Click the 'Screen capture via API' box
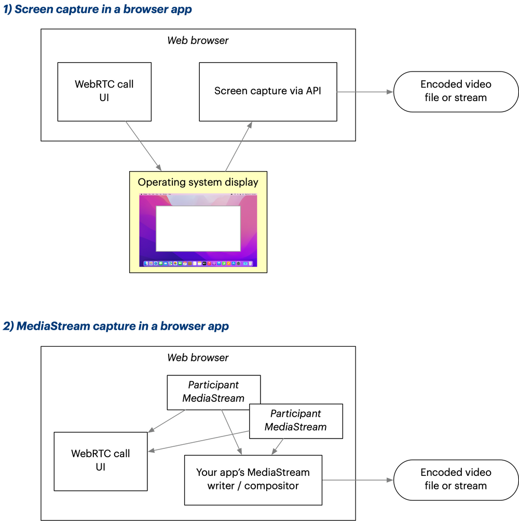click(268, 92)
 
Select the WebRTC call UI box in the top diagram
click(104, 92)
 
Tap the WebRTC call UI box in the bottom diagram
click(101, 460)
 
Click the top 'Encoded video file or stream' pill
click(456, 91)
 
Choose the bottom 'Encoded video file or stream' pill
click(456, 479)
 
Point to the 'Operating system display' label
click(198, 182)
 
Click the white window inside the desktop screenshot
click(198, 228)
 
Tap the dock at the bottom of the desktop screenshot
click(198, 264)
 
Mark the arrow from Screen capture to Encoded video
click(365, 92)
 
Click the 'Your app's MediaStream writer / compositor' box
click(253, 480)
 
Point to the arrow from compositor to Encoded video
click(358, 480)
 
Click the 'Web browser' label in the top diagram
click(198, 40)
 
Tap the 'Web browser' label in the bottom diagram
click(198, 358)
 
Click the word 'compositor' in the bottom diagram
click(271, 486)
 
